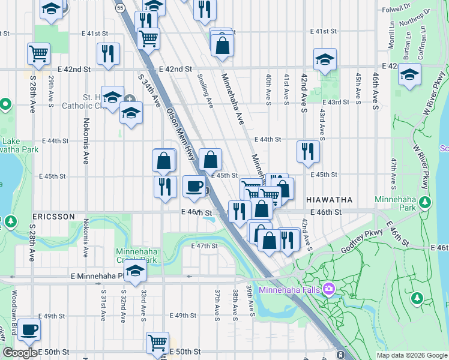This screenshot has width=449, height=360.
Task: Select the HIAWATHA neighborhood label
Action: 328,199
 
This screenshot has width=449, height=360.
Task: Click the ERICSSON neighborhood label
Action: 55,216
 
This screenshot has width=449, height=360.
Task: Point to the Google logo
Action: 20,352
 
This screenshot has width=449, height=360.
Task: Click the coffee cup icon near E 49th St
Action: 29,329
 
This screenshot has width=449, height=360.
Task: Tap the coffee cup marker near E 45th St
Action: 193,186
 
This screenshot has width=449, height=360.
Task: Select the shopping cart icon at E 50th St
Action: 157,343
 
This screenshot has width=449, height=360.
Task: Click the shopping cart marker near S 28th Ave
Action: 38,53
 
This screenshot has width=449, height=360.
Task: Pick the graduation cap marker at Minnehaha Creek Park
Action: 136,271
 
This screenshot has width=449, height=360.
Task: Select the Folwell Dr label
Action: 394,9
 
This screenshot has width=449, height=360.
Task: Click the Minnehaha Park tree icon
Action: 425,202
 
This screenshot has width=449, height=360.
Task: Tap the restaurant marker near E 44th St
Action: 308,151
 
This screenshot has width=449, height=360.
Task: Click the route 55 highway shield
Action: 121,8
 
